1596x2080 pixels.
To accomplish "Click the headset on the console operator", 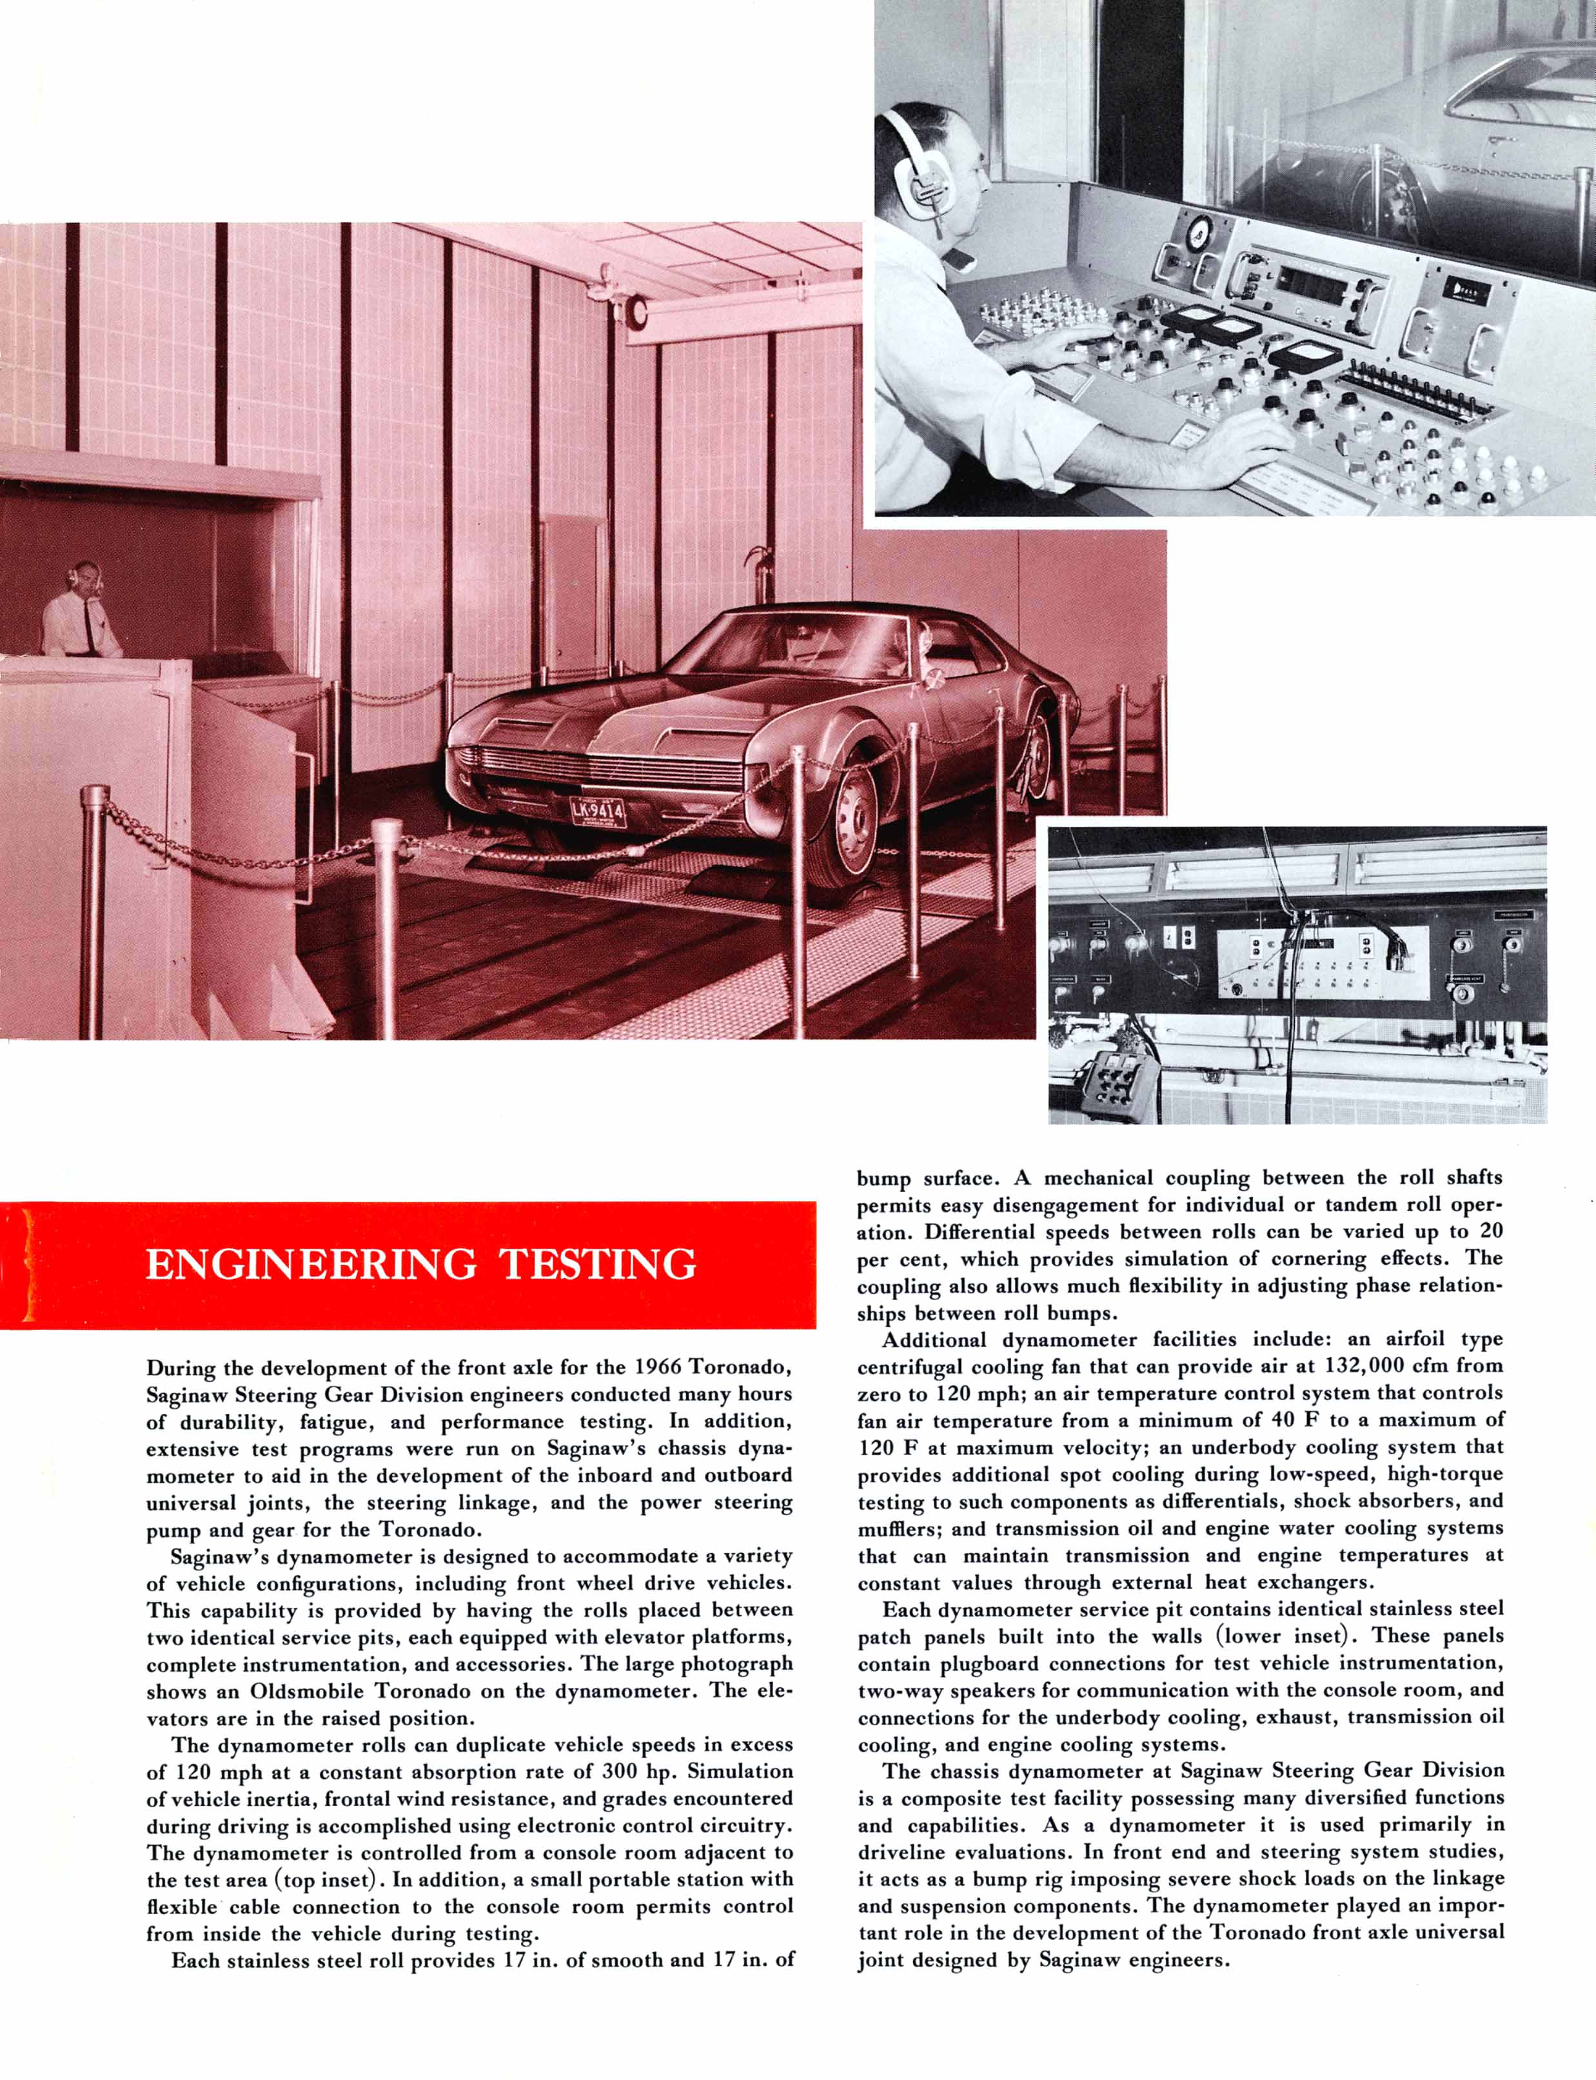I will pos(912,161).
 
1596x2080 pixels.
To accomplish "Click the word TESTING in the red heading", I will pos(598,1265).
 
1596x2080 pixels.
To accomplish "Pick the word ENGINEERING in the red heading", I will pos(311,1265).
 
